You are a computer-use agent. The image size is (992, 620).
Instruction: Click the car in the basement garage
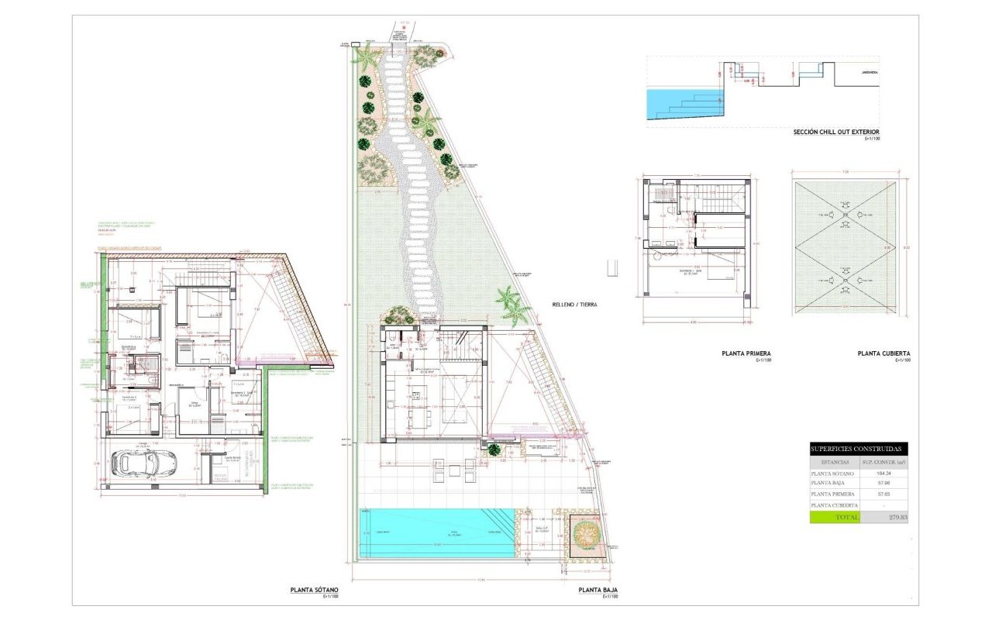pyautogui.click(x=145, y=463)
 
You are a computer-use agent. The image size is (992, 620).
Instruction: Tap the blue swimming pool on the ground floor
pyautogui.click(x=437, y=532)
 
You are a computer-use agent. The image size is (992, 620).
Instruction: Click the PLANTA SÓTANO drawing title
pyautogui.click(x=314, y=590)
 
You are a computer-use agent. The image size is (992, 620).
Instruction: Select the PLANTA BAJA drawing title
pyautogui.click(x=598, y=590)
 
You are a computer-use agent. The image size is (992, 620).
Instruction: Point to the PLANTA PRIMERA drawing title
pyautogui.click(x=749, y=353)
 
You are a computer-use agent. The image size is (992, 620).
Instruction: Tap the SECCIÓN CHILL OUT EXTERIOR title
pyautogui.click(x=836, y=132)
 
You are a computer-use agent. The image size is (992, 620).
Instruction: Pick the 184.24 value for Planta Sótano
pyautogui.click(x=884, y=473)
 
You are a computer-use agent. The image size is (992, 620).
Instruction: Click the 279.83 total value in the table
pyautogui.click(x=884, y=517)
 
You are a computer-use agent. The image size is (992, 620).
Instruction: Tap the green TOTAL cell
pyautogui.click(x=835, y=517)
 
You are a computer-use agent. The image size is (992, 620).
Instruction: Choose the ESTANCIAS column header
pyautogui.click(x=835, y=461)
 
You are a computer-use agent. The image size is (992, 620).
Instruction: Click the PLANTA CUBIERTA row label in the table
pyautogui.click(x=835, y=505)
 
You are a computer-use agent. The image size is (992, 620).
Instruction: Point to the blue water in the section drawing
pyautogui.click(x=682, y=101)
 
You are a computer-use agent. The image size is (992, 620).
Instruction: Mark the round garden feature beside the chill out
pyautogui.click(x=586, y=532)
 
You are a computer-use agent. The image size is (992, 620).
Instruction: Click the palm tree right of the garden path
pyautogui.click(x=512, y=304)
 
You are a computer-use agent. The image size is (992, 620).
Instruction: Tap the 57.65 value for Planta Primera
pyautogui.click(x=884, y=494)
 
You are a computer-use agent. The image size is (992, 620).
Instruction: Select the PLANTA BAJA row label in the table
pyautogui.click(x=829, y=483)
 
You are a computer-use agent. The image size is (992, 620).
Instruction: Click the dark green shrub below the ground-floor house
pyautogui.click(x=494, y=449)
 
